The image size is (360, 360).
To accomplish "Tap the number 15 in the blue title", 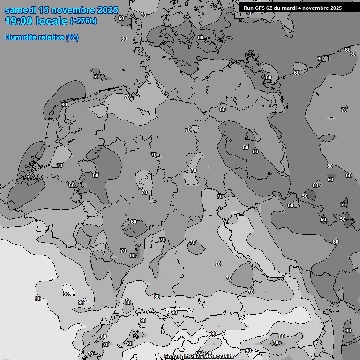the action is point(47,10).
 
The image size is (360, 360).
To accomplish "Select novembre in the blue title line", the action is point(75,10).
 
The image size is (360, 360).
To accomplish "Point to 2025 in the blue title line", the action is point(108,10).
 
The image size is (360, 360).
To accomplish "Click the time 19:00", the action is point(21,21).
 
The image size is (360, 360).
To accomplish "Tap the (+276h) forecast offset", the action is point(83,21).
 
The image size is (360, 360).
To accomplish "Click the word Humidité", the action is point(20,37).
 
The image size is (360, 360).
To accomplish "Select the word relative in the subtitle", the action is point(51,37).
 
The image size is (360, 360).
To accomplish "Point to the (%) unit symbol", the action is point(72,37).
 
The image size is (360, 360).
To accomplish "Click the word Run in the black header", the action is point(248,8).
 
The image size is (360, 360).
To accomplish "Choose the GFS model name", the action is point(261,8).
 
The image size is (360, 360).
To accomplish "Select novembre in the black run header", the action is point(316,8).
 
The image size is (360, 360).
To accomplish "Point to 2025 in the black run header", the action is point(335,8).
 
